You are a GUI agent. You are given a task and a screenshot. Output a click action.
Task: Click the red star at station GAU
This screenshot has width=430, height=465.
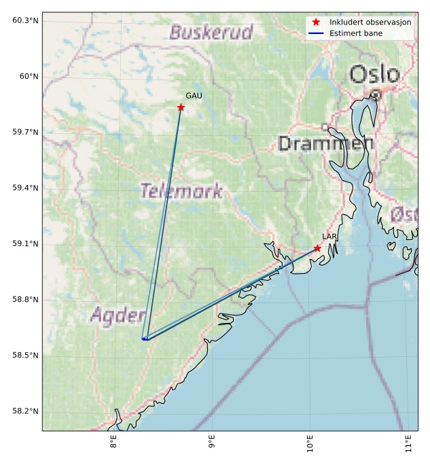pyautogui.click(x=181, y=107)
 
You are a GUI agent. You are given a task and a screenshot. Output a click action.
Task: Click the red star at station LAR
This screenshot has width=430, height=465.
pyautogui.click(x=317, y=248)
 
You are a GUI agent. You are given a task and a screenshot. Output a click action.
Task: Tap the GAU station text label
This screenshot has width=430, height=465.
pyautogui.click(x=194, y=97)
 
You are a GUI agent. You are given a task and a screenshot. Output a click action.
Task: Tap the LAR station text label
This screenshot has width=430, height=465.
pyautogui.click(x=329, y=237)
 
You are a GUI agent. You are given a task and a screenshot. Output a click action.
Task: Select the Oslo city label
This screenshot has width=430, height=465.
pyautogui.click(x=374, y=75)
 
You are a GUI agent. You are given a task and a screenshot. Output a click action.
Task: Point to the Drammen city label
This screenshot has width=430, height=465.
pyautogui.click(x=325, y=143)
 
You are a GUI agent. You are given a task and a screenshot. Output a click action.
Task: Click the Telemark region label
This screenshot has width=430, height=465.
pyautogui.click(x=181, y=191)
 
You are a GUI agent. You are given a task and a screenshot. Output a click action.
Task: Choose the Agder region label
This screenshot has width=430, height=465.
pyautogui.click(x=118, y=315)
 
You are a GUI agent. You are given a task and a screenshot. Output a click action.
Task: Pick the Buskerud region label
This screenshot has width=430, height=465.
pyautogui.click(x=211, y=32)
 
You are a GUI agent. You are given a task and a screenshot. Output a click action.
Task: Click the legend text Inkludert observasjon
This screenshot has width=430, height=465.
pyautogui.click(x=370, y=22)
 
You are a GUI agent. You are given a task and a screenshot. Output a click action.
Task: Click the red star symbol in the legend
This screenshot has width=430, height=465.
pyautogui.click(x=316, y=22)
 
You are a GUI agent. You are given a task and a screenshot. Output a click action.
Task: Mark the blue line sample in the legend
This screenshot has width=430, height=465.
pyautogui.click(x=316, y=33)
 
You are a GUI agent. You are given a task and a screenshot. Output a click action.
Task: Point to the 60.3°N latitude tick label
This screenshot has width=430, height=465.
pyautogui.click(x=25, y=20)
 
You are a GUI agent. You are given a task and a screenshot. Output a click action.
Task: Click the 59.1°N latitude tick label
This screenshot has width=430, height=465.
pyautogui.click(x=25, y=244)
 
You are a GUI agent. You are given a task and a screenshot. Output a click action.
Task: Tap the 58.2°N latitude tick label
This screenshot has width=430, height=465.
pyautogui.click(x=25, y=411)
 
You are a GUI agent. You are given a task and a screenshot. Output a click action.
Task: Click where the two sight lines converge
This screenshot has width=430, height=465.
pyautogui.click(x=144, y=339)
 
